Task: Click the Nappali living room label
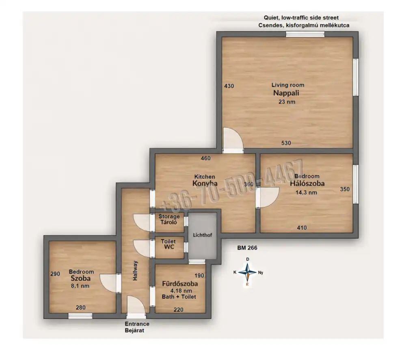(x=286, y=93)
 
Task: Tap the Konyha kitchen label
(x=205, y=183)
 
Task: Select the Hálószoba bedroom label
(x=307, y=183)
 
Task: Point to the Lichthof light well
(x=203, y=235)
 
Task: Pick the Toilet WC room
(x=169, y=247)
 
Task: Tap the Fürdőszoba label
(x=180, y=284)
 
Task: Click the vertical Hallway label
(x=136, y=270)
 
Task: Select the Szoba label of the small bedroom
(x=80, y=278)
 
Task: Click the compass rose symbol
(x=248, y=272)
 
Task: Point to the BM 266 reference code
(x=247, y=248)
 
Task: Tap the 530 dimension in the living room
(x=286, y=143)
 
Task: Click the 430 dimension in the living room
(x=229, y=86)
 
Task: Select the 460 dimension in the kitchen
(x=205, y=158)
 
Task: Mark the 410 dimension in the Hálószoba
(x=302, y=228)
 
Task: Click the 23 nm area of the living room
(x=287, y=102)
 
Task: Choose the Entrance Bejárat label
(x=137, y=327)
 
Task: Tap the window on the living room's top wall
(x=305, y=34)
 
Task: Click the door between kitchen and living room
(x=233, y=141)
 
